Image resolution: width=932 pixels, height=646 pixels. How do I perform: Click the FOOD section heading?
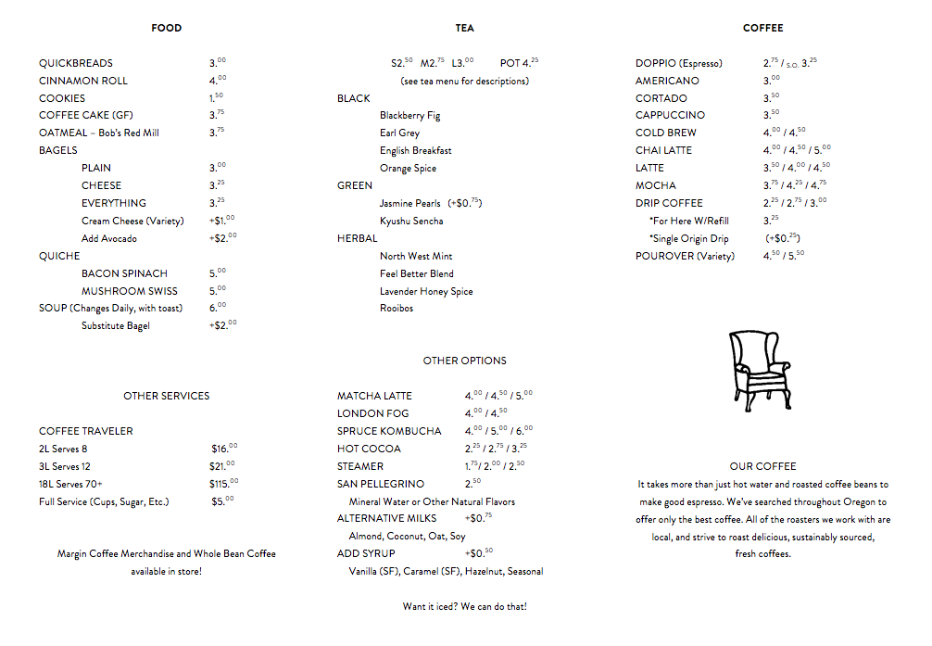click(x=167, y=28)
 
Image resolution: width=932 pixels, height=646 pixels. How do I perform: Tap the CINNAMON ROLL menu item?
click(x=83, y=81)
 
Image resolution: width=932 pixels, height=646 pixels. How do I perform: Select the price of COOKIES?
click(x=216, y=97)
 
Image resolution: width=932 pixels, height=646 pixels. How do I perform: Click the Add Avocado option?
click(x=109, y=238)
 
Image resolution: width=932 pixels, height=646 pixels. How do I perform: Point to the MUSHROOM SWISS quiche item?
click(x=129, y=291)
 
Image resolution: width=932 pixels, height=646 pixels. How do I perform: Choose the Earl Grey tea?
click(x=399, y=133)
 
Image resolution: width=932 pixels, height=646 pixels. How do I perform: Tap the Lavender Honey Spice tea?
click(x=426, y=291)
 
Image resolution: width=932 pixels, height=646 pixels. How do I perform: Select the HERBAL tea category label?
click(x=357, y=238)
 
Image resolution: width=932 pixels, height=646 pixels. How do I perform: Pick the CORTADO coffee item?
click(x=661, y=98)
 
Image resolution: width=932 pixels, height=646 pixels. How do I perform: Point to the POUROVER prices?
click(x=784, y=256)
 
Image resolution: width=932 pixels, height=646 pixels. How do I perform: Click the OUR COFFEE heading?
click(x=762, y=466)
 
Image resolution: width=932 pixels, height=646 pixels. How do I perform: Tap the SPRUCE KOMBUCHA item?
click(x=389, y=431)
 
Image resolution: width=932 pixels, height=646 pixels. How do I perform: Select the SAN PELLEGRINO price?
click(x=473, y=484)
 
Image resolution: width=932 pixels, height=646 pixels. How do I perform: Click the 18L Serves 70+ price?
click(x=223, y=484)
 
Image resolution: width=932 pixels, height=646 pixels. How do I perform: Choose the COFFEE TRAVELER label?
click(x=86, y=431)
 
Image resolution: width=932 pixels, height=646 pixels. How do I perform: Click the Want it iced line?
click(x=465, y=606)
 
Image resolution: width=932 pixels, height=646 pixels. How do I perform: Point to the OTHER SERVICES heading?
click(x=167, y=396)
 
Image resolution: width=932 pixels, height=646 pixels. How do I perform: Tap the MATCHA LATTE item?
click(x=374, y=396)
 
